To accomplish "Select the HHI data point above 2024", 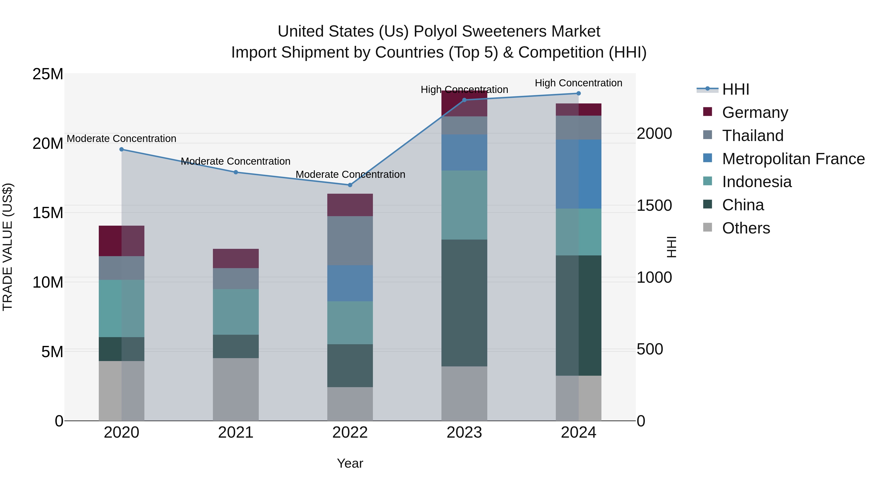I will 579,93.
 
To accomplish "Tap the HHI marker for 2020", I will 121,149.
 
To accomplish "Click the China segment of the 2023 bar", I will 464,303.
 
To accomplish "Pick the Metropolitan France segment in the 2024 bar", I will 579,174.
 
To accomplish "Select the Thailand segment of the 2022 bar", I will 350,241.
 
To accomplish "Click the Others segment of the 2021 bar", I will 236,389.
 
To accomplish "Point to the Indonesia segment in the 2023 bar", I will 464,205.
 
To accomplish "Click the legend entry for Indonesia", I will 757,182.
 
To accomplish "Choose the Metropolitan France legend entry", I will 793,159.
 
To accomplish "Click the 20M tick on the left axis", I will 48,143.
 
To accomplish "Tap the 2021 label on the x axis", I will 236,433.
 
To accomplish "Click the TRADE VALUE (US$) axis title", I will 8,247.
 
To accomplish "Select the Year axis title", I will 350,463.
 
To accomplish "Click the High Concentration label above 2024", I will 579,83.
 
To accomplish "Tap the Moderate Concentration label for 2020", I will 121,139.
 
